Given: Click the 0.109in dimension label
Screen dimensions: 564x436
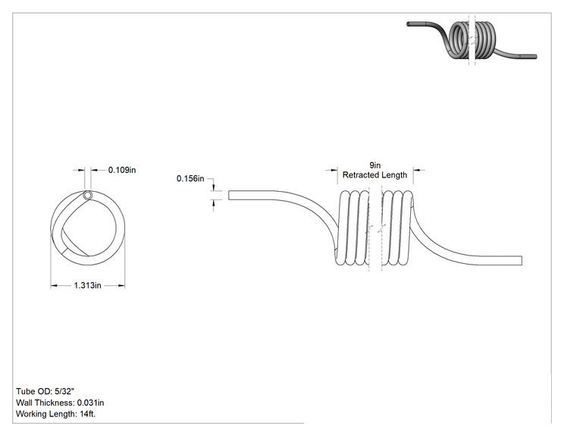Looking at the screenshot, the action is click(x=122, y=170).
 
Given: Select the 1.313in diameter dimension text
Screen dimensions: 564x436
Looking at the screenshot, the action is click(x=87, y=285).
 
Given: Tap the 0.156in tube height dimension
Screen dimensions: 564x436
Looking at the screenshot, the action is click(x=190, y=178).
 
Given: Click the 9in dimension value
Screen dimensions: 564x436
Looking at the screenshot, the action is click(x=374, y=165).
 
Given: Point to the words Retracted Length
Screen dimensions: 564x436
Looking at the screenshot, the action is click(x=374, y=175).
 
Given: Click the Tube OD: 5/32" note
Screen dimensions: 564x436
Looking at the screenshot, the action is click(x=45, y=391).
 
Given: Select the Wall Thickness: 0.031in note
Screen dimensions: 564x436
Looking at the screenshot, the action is click(x=60, y=403).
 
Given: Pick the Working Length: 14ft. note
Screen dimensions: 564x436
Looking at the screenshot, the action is click(x=56, y=414).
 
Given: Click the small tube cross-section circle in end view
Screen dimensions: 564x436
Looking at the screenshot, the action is click(x=87, y=196).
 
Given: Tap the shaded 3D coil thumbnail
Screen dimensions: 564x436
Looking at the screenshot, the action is click(x=472, y=39).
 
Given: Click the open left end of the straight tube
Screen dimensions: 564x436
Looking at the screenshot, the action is click(x=229, y=196).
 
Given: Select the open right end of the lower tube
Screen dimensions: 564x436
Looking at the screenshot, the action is click(x=522, y=260).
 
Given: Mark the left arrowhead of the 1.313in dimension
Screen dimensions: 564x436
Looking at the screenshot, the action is click(x=54, y=286).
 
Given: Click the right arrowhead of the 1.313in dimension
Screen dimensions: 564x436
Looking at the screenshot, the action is click(x=121, y=286).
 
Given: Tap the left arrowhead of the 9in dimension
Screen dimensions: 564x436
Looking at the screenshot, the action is click(x=334, y=170).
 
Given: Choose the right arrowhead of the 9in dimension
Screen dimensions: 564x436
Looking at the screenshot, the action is click(x=416, y=170).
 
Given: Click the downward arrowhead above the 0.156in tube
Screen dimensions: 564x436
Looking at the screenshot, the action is click(x=214, y=187).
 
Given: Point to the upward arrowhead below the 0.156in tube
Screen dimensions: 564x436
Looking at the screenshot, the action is click(x=214, y=203).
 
